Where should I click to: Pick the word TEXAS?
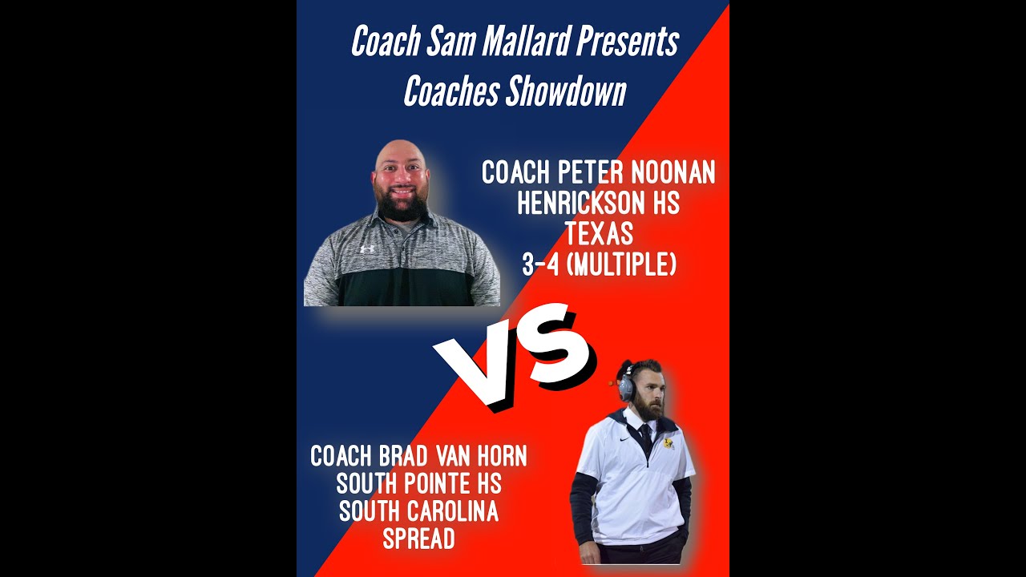click(x=599, y=235)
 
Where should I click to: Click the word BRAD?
click(x=403, y=457)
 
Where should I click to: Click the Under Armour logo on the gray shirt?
click(x=367, y=248)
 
